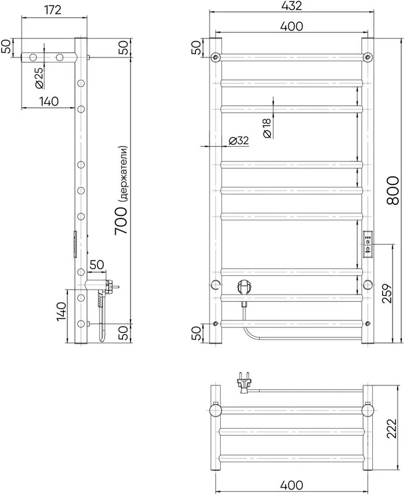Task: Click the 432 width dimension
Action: tap(291, 6)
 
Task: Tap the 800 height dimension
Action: tap(393, 191)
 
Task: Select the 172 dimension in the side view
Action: tap(53, 10)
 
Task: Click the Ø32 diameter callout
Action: tap(239, 141)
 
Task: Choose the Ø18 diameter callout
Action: tap(266, 127)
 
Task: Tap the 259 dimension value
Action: tap(387, 293)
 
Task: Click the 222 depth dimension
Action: tap(391, 428)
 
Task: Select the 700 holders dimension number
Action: tap(121, 220)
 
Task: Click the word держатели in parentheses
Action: tap(123, 174)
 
